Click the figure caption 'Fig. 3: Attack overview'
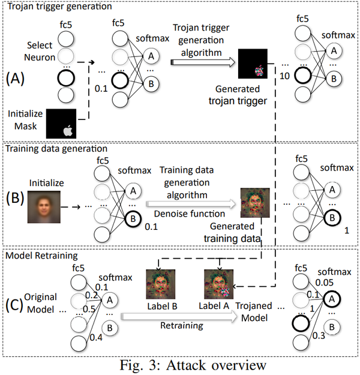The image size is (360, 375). pyautogui.click(x=180, y=363)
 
